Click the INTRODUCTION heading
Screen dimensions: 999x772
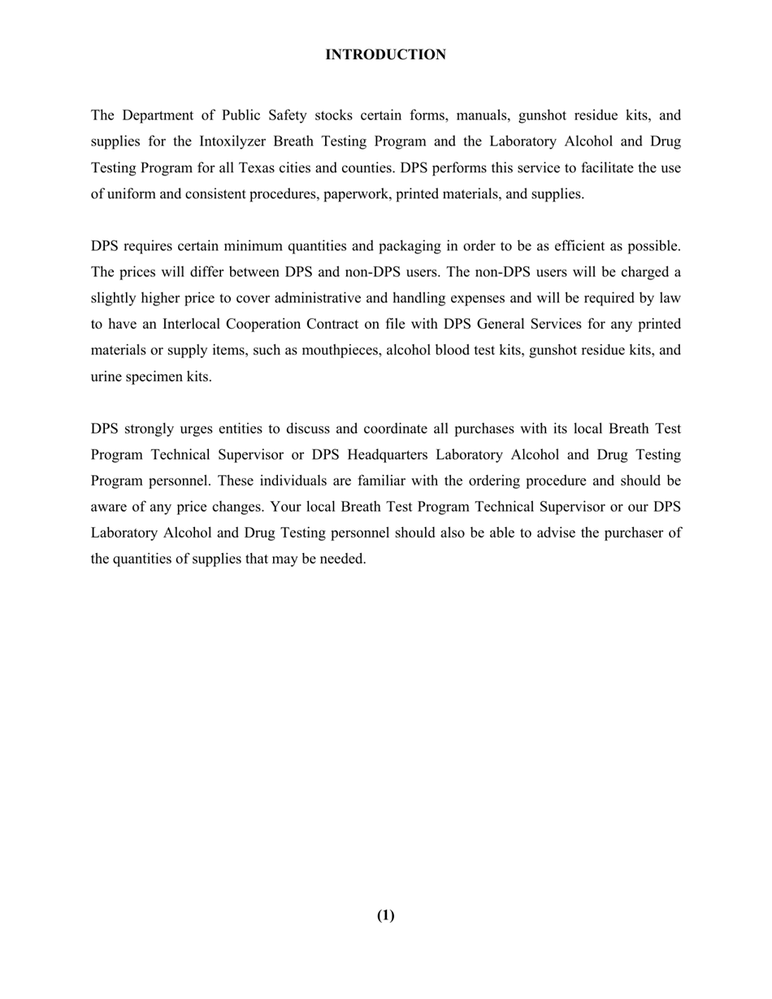coord(385,54)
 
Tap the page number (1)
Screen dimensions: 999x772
coord(385,915)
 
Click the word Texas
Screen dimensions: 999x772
coord(257,168)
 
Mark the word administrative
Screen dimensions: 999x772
coord(310,298)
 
